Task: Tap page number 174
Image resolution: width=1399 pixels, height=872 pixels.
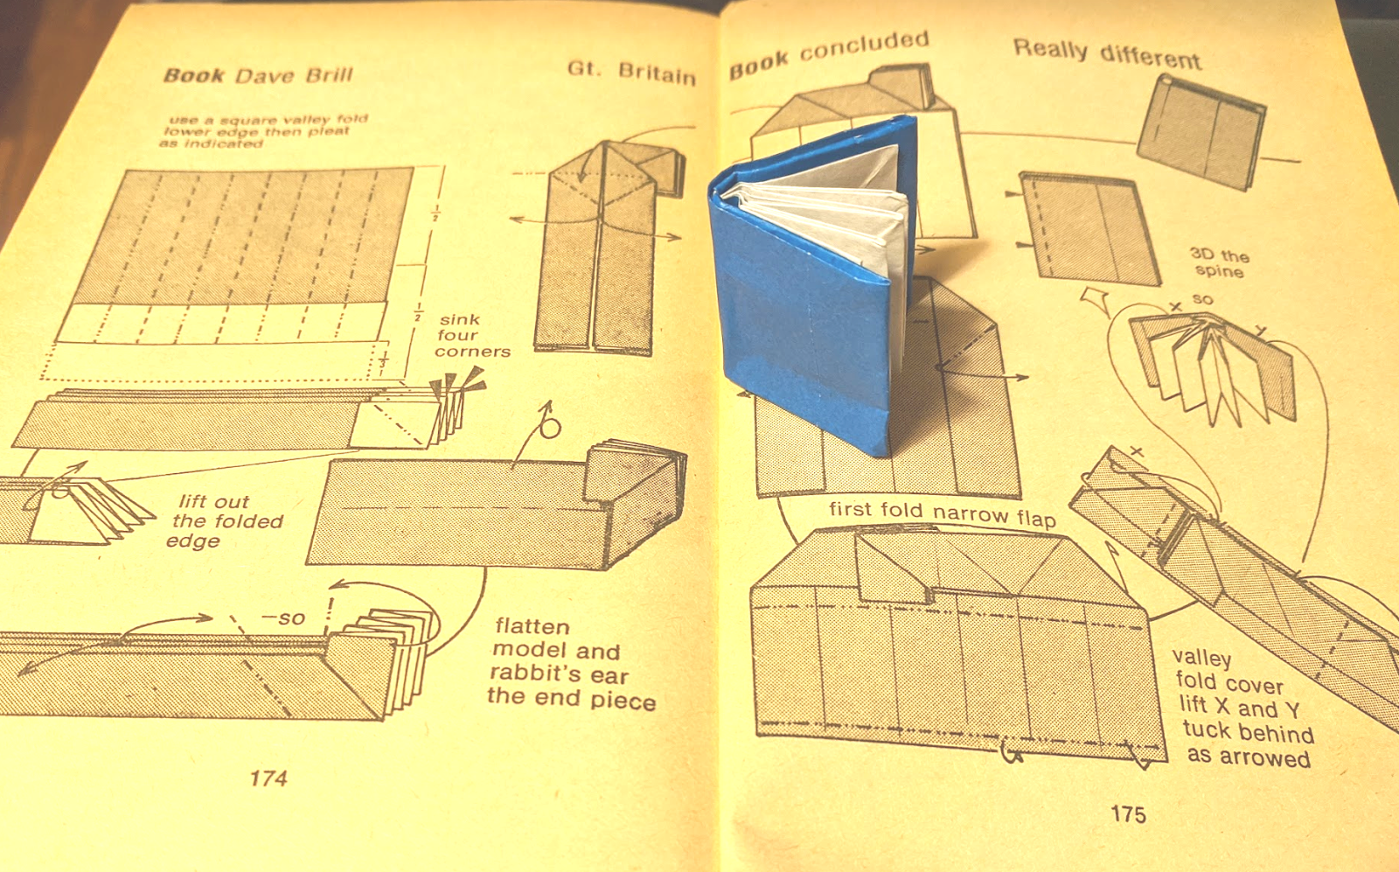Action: click(x=268, y=778)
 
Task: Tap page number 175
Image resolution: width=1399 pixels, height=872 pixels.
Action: click(x=1128, y=814)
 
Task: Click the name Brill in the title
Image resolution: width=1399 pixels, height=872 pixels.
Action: click(x=329, y=74)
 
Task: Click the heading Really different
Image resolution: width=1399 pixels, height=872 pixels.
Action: click(x=1107, y=53)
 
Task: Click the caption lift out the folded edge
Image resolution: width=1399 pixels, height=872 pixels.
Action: click(x=224, y=521)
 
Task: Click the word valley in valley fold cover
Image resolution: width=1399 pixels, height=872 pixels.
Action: click(x=1201, y=657)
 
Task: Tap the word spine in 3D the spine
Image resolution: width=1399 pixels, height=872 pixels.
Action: click(x=1219, y=271)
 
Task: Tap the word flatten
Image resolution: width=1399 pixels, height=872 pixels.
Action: click(x=532, y=626)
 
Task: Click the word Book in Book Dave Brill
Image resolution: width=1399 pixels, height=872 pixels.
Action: click(x=194, y=75)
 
